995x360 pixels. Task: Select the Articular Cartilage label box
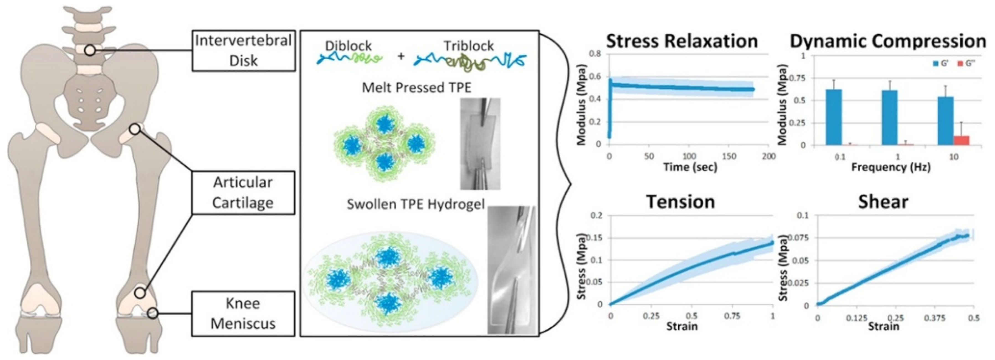[x=243, y=192]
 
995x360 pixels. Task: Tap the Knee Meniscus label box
[x=243, y=313]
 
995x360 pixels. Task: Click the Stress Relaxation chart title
[x=682, y=41]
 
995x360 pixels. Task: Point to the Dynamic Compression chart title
[x=888, y=41]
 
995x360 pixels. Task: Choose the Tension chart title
[x=681, y=202]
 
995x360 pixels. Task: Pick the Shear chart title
[x=883, y=202]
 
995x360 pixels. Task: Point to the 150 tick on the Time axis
[x=729, y=156]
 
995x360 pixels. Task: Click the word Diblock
[x=348, y=46]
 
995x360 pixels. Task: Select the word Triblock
[x=468, y=46]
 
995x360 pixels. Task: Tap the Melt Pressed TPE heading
[x=416, y=88]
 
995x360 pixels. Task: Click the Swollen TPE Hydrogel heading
[x=416, y=204]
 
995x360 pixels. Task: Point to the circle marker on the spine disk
[x=90, y=50]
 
